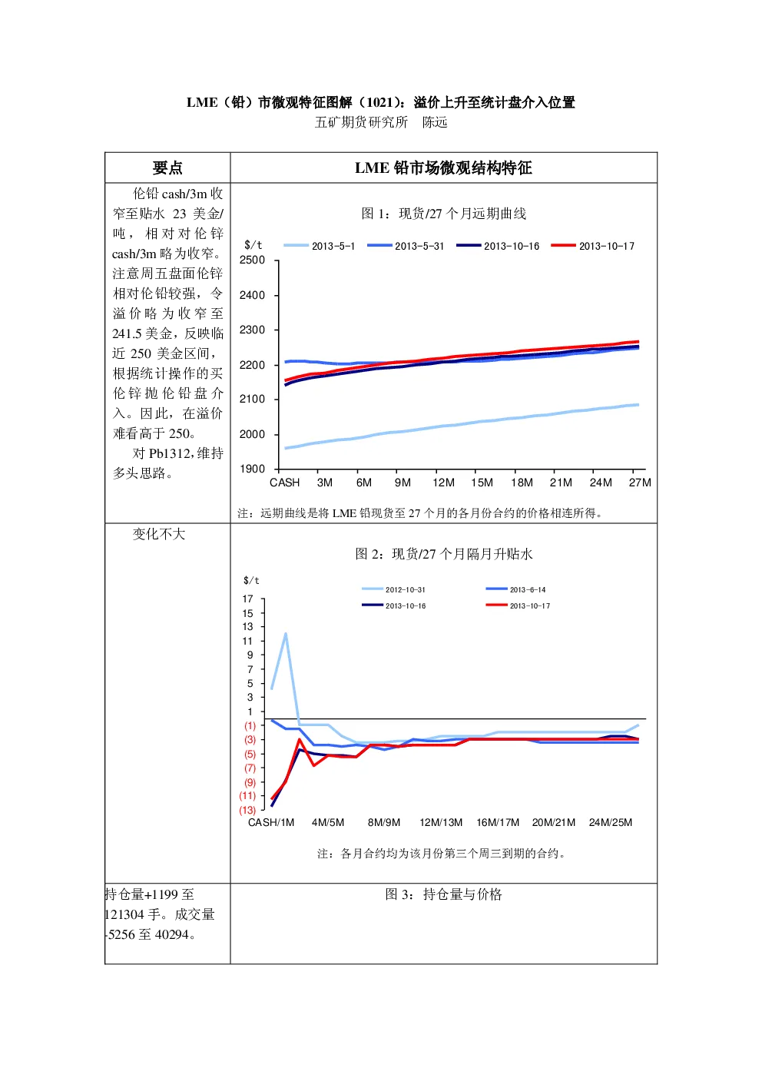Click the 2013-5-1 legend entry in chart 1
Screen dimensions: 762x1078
point(319,246)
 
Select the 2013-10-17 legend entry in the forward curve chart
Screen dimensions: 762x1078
point(593,246)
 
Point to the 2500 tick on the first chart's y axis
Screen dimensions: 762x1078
point(252,260)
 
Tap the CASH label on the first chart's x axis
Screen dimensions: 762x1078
point(284,483)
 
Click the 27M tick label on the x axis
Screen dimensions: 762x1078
point(640,483)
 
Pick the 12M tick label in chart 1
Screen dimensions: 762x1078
point(443,483)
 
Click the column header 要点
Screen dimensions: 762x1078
point(167,168)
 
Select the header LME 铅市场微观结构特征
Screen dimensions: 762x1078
point(443,168)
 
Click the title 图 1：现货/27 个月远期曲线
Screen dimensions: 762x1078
point(443,213)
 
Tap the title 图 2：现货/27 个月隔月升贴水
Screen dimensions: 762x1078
point(443,554)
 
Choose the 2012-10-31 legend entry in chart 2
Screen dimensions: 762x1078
point(393,589)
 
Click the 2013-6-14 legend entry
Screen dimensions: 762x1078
point(515,589)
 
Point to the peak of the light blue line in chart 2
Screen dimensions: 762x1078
point(286,633)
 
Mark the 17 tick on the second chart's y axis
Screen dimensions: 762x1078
point(247,599)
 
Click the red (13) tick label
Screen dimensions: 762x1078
point(247,811)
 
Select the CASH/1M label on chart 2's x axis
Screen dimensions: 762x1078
point(271,822)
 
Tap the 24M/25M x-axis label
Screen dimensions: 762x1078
point(611,822)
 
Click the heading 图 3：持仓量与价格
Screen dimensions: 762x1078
point(443,894)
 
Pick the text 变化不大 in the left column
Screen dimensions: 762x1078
point(159,534)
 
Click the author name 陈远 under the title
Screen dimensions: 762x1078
point(435,122)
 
